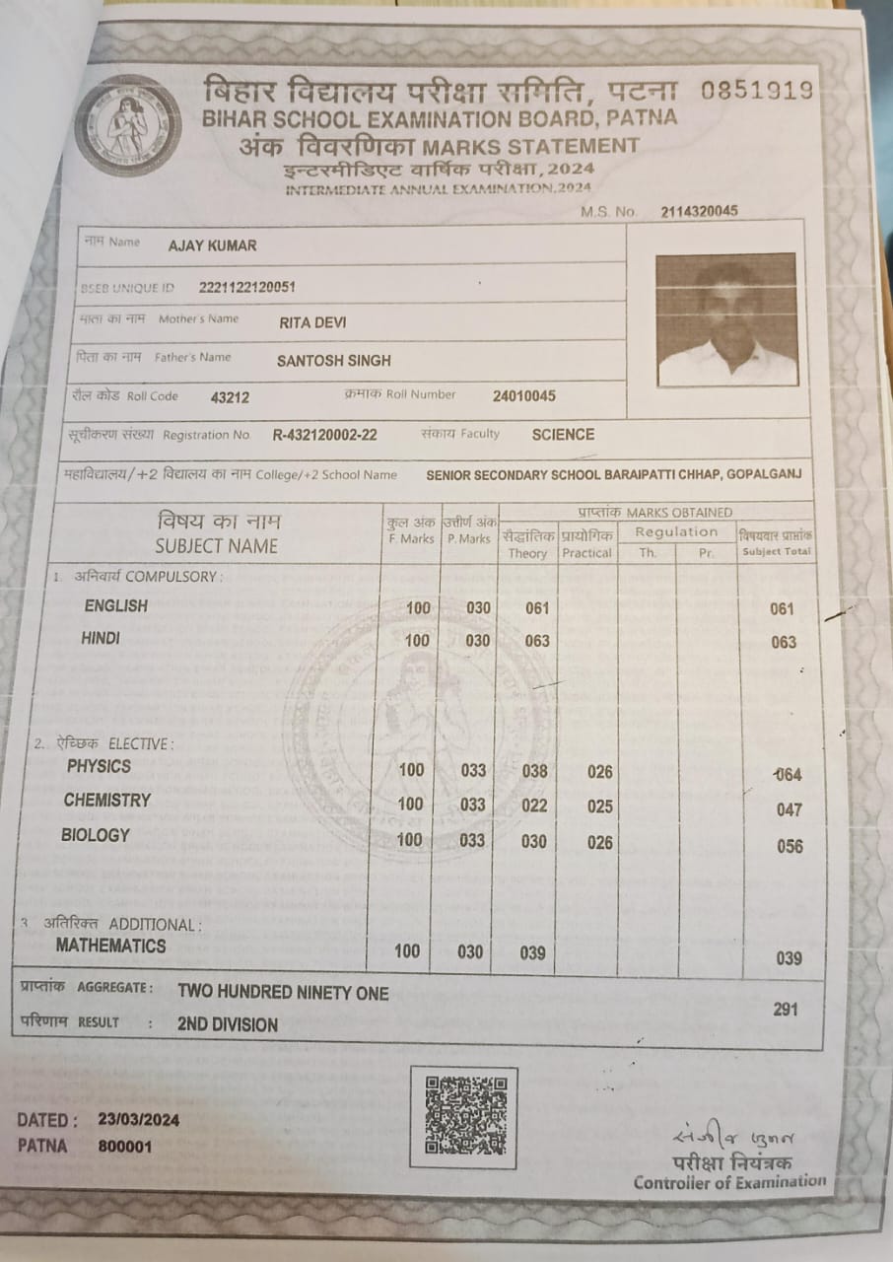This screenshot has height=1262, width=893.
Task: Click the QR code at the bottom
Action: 465,1116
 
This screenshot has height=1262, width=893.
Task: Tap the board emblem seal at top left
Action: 128,124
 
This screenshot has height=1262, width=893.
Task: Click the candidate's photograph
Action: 726,319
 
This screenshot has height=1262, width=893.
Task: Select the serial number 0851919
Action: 757,91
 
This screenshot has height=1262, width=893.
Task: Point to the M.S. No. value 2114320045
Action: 700,211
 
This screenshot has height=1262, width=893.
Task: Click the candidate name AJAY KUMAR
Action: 212,245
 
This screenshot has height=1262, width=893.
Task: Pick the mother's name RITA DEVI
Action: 312,322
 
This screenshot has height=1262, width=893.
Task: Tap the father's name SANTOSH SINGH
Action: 333,361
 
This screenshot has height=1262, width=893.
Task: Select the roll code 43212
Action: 230,398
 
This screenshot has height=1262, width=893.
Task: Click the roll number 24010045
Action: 523,396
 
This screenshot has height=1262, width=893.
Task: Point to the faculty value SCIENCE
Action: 563,434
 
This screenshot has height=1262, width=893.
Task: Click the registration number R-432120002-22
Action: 324,435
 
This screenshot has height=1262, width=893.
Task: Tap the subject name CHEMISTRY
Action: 107,801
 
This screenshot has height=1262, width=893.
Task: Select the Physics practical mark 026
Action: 600,772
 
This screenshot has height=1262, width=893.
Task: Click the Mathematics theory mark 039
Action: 532,952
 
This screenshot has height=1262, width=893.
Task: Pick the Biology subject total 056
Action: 789,846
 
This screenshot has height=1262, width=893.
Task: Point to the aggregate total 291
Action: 786,1010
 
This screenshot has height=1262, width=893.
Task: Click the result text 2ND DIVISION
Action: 228,1024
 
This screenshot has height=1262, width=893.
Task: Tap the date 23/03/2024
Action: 139,1121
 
